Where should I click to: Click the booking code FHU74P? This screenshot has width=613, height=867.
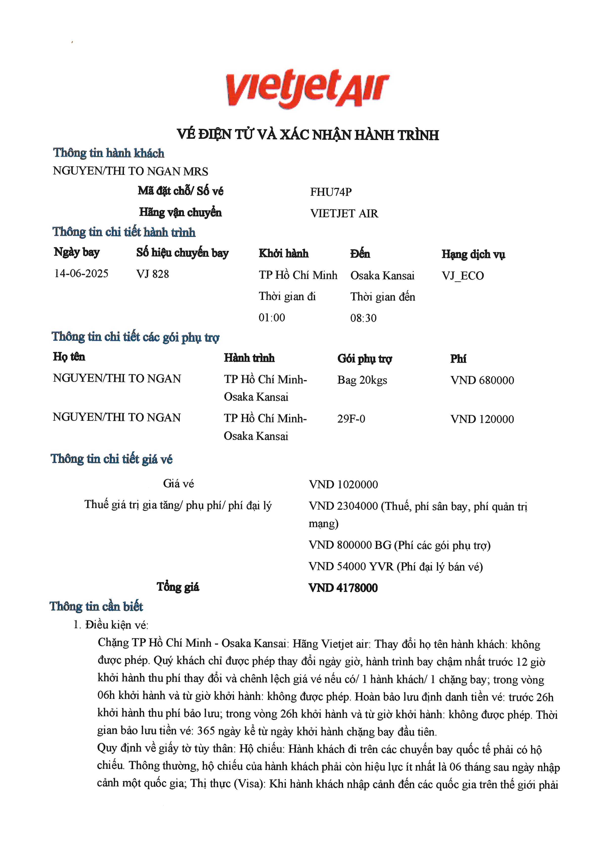pos(331,192)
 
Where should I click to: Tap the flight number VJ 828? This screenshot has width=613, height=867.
pos(153,274)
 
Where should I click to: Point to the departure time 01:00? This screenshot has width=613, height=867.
pos(272,318)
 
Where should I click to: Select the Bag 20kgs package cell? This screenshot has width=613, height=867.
pos(362,380)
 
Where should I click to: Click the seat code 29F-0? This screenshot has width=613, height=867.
pos(351,419)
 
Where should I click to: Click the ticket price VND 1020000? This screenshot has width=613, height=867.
pos(343,485)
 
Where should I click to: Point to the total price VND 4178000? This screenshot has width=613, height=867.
pos(343,588)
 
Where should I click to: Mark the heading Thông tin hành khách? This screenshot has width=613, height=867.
pos(109,153)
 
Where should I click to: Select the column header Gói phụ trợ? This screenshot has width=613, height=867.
pos(365,359)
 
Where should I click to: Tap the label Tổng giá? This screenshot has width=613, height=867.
pos(178,587)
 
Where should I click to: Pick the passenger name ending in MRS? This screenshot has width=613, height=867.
pos(130,171)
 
